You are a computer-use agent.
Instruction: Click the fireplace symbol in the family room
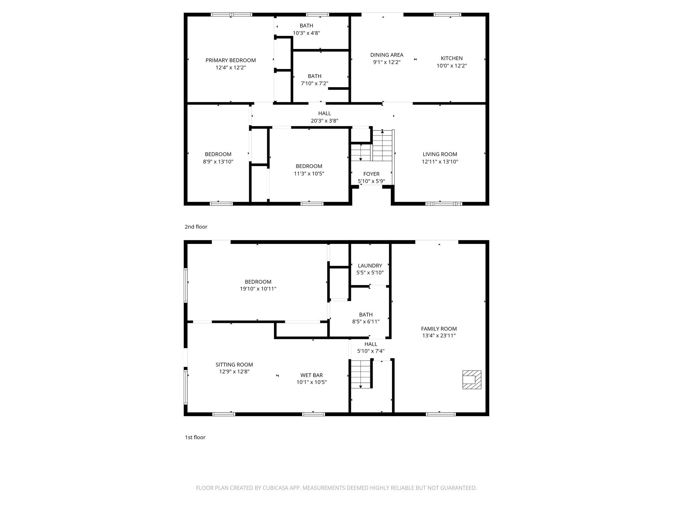click(x=472, y=380)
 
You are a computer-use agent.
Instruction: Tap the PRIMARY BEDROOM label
click(x=230, y=60)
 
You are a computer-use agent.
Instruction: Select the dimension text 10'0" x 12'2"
click(x=452, y=66)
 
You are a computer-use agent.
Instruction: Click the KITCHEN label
click(x=452, y=58)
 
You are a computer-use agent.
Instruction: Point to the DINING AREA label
click(x=386, y=55)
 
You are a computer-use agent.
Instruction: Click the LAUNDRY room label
click(x=370, y=266)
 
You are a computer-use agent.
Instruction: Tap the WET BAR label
click(x=311, y=375)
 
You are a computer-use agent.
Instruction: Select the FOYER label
click(x=371, y=174)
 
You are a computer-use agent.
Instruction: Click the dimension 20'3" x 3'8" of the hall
click(x=324, y=121)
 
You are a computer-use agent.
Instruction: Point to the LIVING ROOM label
click(x=440, y=154)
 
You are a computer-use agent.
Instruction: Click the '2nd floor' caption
click(x=196, y=227)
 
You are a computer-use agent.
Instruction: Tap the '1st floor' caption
click(x=195, y=437)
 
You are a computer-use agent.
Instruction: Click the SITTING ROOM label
click(x=234, y=365)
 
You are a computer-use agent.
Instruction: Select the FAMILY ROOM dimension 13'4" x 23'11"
click(x=439, y=336)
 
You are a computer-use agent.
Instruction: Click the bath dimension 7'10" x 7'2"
click(x=314, y=84)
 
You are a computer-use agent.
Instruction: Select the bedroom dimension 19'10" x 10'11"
click(x=258, y=289)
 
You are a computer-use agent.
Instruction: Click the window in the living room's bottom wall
click(x=444, y=204)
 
